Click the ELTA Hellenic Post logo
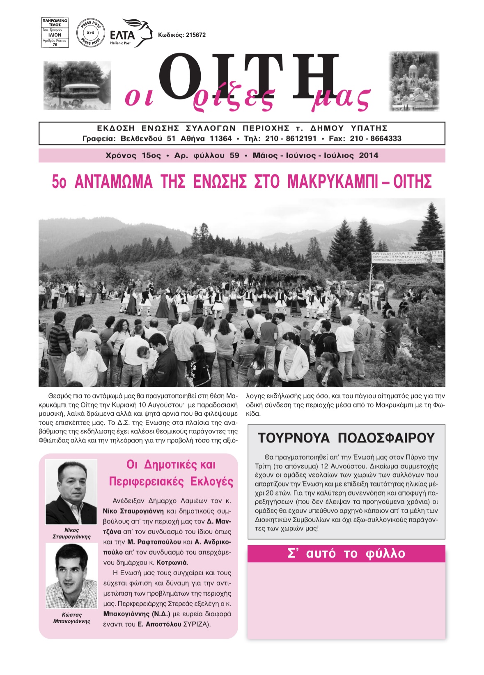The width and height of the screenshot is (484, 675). [x=131, y=33]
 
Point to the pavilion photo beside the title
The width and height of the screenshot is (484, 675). [x=77, y=85]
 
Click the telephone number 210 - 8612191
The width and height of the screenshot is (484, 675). [x=291, y=139]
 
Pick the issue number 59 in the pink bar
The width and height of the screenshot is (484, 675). [x=234, y=156]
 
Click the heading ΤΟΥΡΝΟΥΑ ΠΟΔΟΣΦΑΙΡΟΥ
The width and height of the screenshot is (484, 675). [x=346, y=438]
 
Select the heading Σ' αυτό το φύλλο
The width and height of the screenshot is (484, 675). [x=346, y=554]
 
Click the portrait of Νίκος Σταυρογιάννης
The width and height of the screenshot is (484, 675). [x=71, y=492]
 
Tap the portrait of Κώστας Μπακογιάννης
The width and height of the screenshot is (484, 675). [x=71, y=576]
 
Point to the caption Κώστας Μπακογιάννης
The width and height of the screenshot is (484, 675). [x=71, y=618]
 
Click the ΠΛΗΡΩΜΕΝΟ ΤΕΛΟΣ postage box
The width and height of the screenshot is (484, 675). [x=55, y=32]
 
